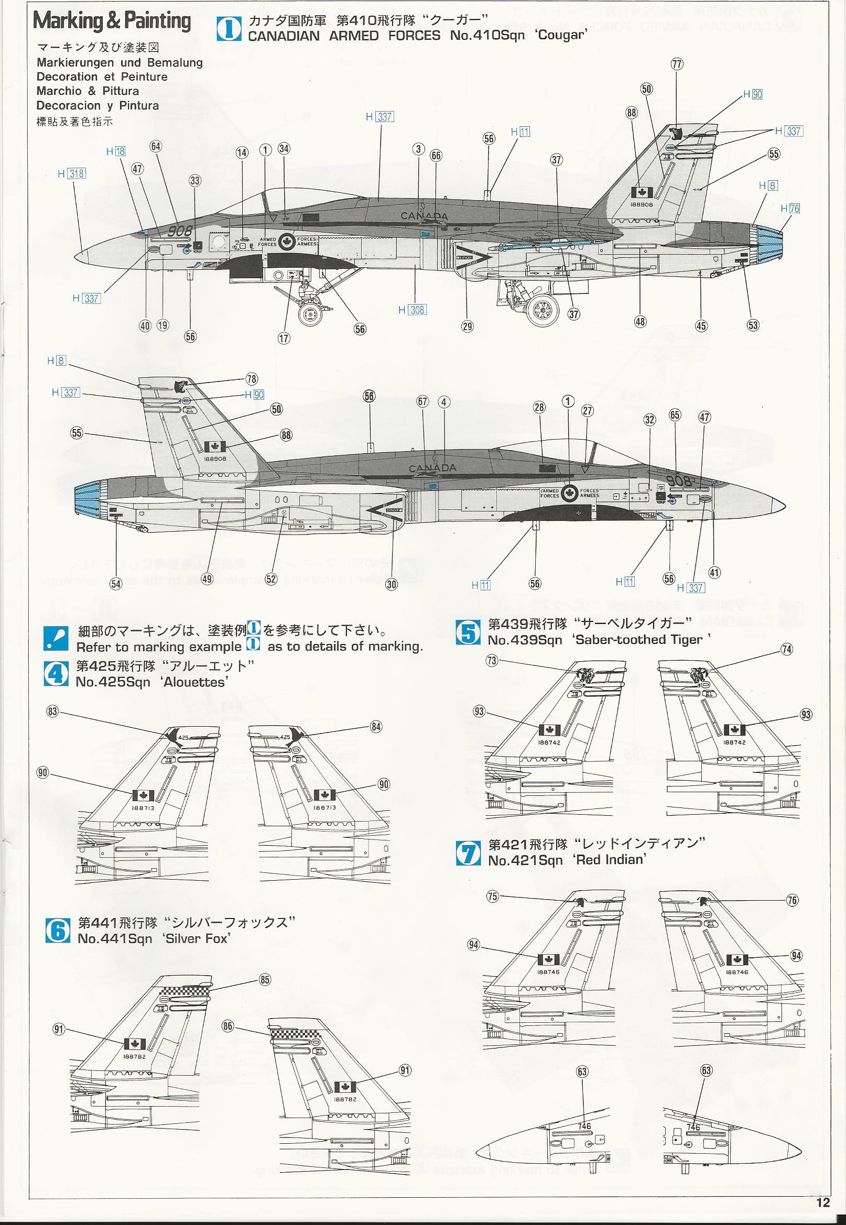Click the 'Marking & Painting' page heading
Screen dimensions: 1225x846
[x=112, y=21]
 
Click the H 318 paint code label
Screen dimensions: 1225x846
[x=72, y=173]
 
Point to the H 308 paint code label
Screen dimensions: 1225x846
[x=413, y=310]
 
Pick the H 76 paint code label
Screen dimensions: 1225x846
[x=790, y=209]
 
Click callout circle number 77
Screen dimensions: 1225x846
[x=677, y=64]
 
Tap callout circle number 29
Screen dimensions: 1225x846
[x=467, y=326]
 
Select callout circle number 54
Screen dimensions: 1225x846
[x=115, y=583]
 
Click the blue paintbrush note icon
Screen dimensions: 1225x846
[x=56, y=639]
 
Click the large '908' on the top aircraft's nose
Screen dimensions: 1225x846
[x=179, y=231]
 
